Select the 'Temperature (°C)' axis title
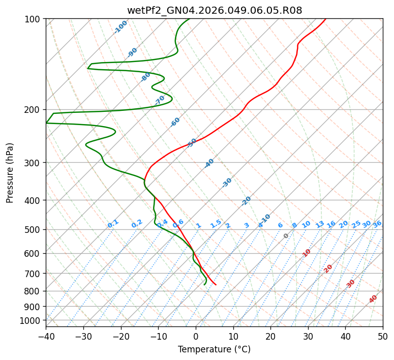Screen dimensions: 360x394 tap(214, 349)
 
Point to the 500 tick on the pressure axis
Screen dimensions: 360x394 tap(33, 229)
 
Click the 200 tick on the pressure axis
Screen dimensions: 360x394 tap(33, 109)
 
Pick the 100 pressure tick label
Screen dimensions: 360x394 tap(33, 19)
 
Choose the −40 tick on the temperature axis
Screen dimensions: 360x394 tap(46, 336)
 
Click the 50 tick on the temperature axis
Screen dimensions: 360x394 tap(383, 336)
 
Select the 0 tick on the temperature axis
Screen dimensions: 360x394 tap(196, 336)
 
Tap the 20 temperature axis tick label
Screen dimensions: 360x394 tap(270, 336)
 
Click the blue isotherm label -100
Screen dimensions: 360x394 tap(121, 26)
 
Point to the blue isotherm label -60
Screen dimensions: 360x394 tap(175, 122)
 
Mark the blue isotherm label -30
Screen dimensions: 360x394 tap(227, 183)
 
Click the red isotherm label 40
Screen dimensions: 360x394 tap(373, 299)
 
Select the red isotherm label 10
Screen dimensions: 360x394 tap(307, 253)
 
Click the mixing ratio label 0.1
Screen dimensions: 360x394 tap(113, 224)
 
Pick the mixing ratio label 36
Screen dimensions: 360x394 tap(377, 224)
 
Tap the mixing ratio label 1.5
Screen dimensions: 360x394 tap(216, 224)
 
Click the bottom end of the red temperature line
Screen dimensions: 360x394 tap(216, 285)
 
